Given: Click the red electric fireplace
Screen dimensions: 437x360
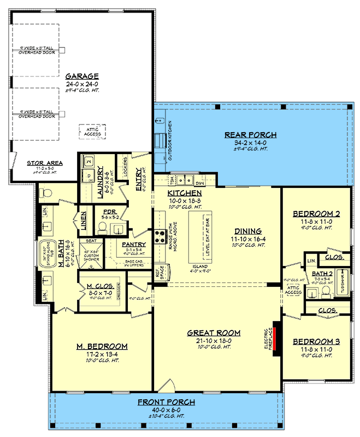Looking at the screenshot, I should (x=276, y=339).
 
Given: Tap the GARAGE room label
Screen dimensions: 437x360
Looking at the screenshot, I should (x=81, y=76).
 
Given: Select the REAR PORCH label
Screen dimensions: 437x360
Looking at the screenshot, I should (x=251, y=134).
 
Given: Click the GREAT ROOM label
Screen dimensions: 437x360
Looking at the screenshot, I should (x=210, y=333).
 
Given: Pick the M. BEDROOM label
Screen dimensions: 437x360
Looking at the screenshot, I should (x=102, y=346).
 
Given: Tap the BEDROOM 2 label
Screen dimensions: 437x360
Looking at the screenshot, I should (x=316, y=214).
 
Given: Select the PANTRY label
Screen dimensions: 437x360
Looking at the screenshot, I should (x=133, y=245).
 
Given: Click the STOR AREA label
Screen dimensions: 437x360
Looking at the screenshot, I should (x=45, y=163).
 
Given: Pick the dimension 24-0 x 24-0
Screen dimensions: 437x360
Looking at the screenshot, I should (x=81, y=84).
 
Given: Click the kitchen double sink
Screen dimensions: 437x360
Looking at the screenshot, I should (x=187, y=179).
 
